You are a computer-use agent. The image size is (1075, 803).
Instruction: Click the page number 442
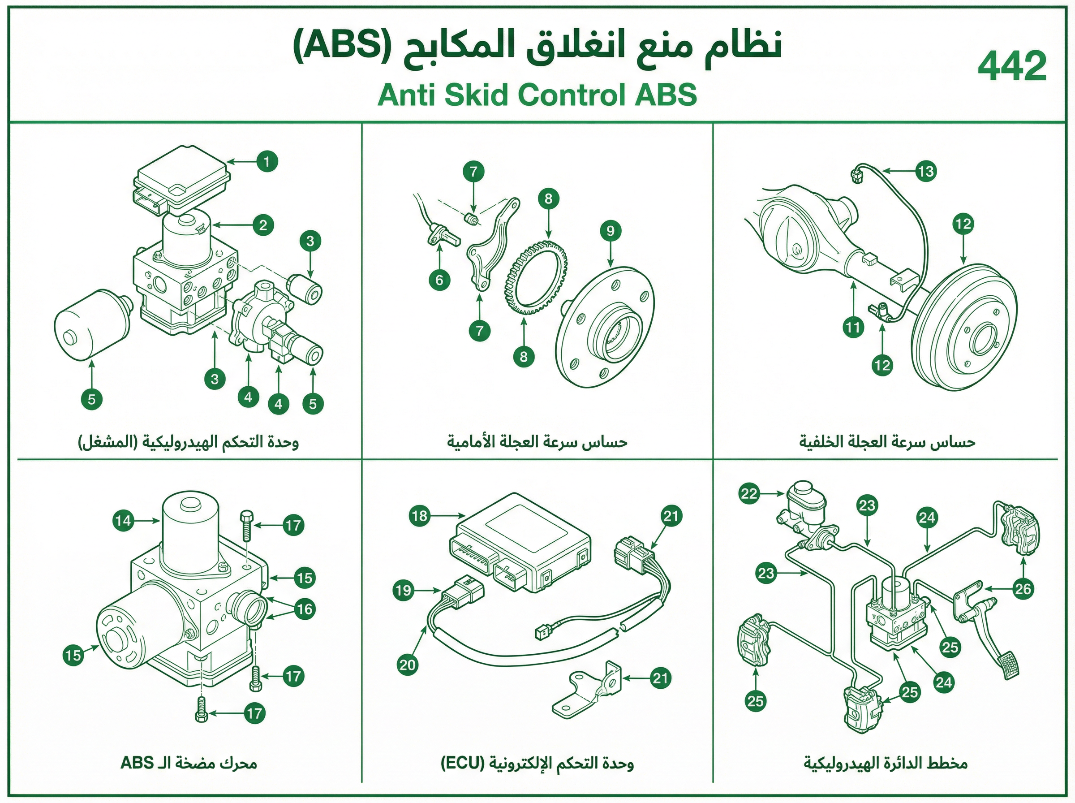coord(1012,67)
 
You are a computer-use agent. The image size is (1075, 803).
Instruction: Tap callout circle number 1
coord(267,161)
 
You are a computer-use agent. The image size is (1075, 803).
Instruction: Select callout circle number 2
coord(263,225)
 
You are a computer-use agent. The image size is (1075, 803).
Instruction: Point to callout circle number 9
coord(611,230)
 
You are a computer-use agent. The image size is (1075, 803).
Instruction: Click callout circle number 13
coord(926,171)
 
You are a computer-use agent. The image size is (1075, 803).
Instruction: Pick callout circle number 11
coord(853,327)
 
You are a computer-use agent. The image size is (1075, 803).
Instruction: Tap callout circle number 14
coord(123,521)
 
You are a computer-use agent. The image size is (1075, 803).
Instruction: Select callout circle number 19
coord(404,591)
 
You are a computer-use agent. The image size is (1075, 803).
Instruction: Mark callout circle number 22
coord(749,494)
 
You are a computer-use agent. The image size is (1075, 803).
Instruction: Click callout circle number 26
coord(1023,589)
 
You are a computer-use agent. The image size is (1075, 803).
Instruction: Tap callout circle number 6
coord(439,280)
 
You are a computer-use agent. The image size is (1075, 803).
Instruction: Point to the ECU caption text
coord(537,763)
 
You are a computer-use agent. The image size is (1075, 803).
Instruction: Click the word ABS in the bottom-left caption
coord(138,763)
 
